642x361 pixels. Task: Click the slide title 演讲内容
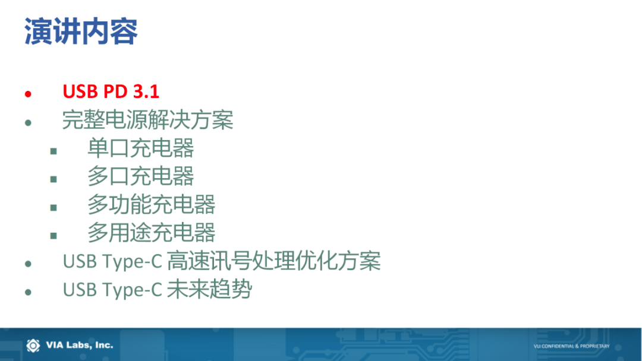[x=81, y=31]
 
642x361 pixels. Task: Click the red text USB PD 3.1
[x=111, y=91]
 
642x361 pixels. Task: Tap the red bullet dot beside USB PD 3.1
[x=28, y=94]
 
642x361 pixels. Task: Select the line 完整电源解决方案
[x=148, y=120]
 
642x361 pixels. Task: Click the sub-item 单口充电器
[x=141, y=148]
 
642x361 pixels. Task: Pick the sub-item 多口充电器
[x=141, y=176]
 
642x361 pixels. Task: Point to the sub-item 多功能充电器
[x=152, y=204]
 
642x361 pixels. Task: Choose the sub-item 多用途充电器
[x=152, y=232]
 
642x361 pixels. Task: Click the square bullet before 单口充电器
[x=53, y=151]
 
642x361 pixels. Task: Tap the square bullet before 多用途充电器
[x=53, y=236]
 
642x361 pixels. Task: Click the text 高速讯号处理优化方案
[x=274, y=261]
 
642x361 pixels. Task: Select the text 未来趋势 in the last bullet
[x=209, y=289]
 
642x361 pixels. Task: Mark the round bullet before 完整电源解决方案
[x=28, y=123]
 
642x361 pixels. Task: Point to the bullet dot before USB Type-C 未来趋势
[x=28, y=292]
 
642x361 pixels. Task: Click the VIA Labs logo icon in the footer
[x=33, y=346]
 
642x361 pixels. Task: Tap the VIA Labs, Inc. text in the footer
[x=80, y=345]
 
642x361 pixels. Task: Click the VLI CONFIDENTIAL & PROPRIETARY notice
[x=572, y=346]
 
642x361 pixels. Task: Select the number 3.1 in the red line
[x=146, y=91]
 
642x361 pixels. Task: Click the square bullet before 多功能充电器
[x=53, y=208]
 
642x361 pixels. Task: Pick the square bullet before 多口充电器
[x=53, y=179]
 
